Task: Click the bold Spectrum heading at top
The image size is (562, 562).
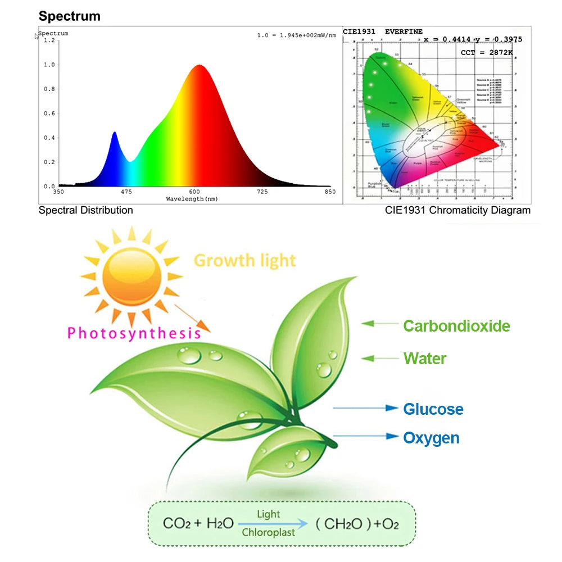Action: (x=69, y=16)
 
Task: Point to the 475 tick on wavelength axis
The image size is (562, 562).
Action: (x=126, y=192)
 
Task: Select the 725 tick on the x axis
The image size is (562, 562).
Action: (x=262, y=192)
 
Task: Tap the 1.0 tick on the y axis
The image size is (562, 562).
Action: (x=49, y=65)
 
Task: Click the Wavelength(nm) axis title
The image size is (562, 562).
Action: (x=192, y=199)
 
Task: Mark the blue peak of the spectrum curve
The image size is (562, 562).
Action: (x=115, y=134)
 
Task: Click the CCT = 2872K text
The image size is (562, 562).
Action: (x=487, y=52)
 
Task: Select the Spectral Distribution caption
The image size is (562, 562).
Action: (x=85, y=210)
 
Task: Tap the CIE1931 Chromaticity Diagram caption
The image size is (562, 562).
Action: (x=457, y=210)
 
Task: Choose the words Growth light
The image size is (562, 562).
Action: (x=244, y=261)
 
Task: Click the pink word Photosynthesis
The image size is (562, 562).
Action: (x=134, y=333)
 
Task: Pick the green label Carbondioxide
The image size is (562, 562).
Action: (x=456, y=326)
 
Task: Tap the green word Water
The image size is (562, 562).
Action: (x=424, y=359)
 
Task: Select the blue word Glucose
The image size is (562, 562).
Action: (x=433, y=409)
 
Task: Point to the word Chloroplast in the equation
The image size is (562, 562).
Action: (x=268, y=532)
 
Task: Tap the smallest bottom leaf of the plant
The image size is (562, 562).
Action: (x=287, y=450)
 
